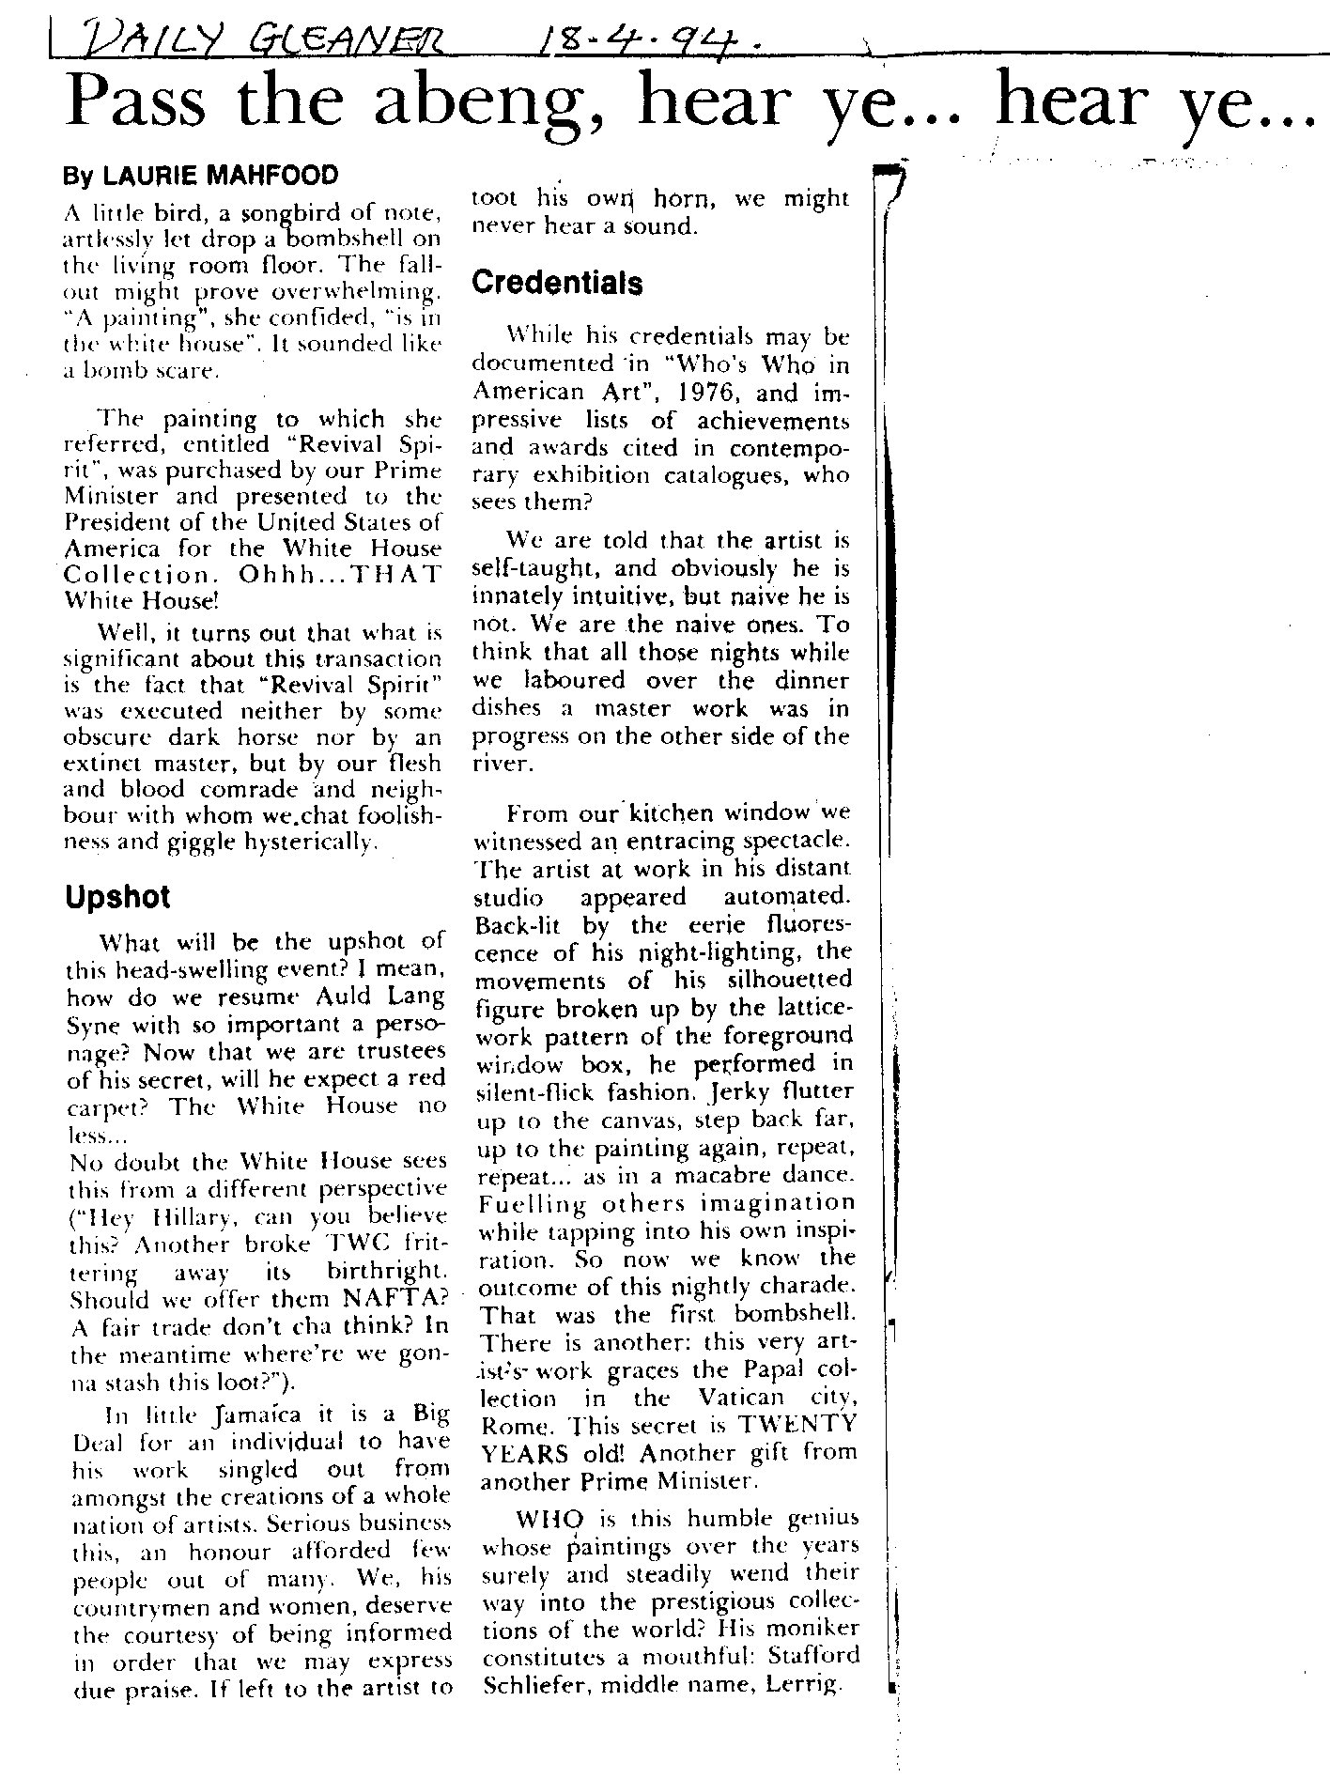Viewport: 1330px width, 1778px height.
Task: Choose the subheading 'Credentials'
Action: tap(557, 283)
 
